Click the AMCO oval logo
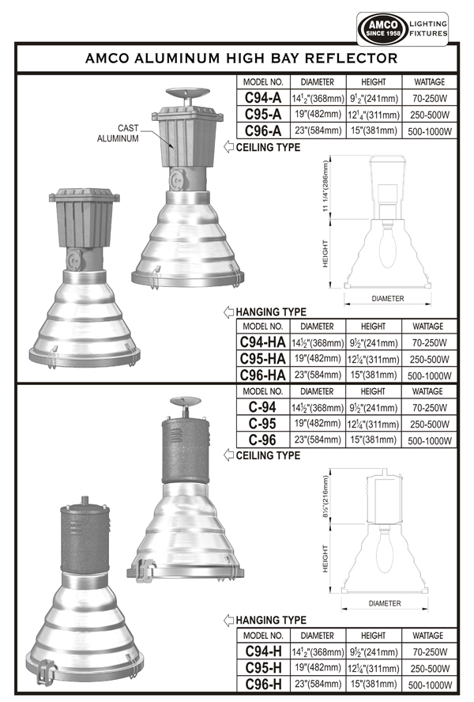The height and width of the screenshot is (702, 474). [x=382, y=28]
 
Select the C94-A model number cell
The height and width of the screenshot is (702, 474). [x=263, y=97]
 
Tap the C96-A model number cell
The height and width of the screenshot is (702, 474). [x=263, y=130]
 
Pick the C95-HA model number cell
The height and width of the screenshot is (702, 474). [x=263, y=359]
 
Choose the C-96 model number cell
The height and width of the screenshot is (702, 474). [x=263, y=440]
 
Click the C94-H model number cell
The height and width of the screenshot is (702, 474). [x=263, y=651]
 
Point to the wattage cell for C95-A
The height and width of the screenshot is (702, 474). [x=430, y=115]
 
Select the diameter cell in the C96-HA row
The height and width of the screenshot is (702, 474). [x=318, y=375]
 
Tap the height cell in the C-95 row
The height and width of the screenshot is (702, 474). [x=374, y=424]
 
